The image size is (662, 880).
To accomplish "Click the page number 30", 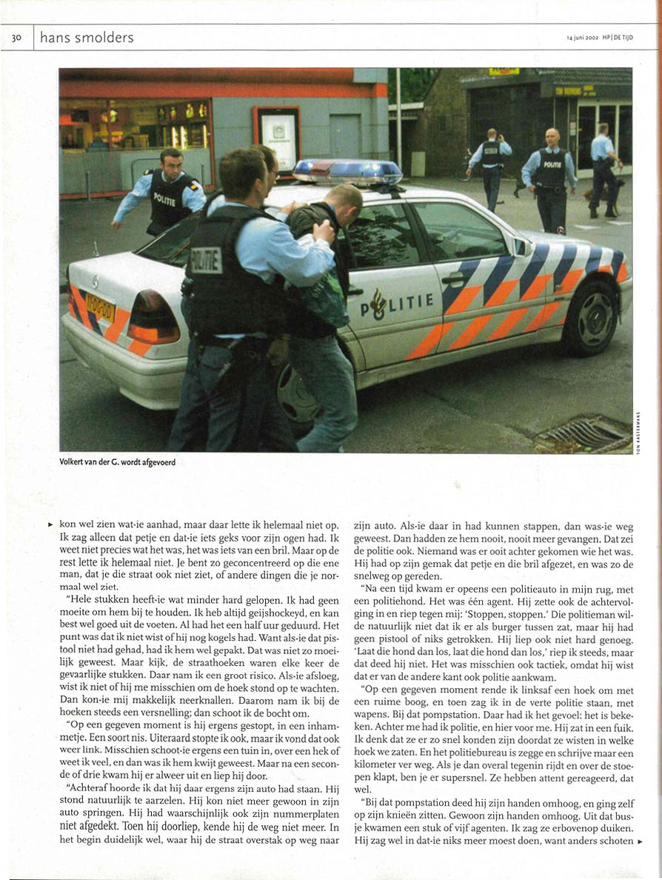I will pyautogui.click(x=16, y=38).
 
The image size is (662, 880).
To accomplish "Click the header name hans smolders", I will pyautogui.click(x=87, y=38).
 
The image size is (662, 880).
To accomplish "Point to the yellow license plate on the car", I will pyautogui.click(x=100, y=305).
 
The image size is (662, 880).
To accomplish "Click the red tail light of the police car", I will pyautogui.click(x=153, y=318).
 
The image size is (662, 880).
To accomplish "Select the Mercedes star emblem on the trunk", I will pyautogui.click(x=94, y=282).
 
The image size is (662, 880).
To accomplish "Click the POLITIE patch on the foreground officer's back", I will pyautogui.click(x=206, y=259).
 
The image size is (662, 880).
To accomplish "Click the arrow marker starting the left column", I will pyautogui.click(x=50, y=523).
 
